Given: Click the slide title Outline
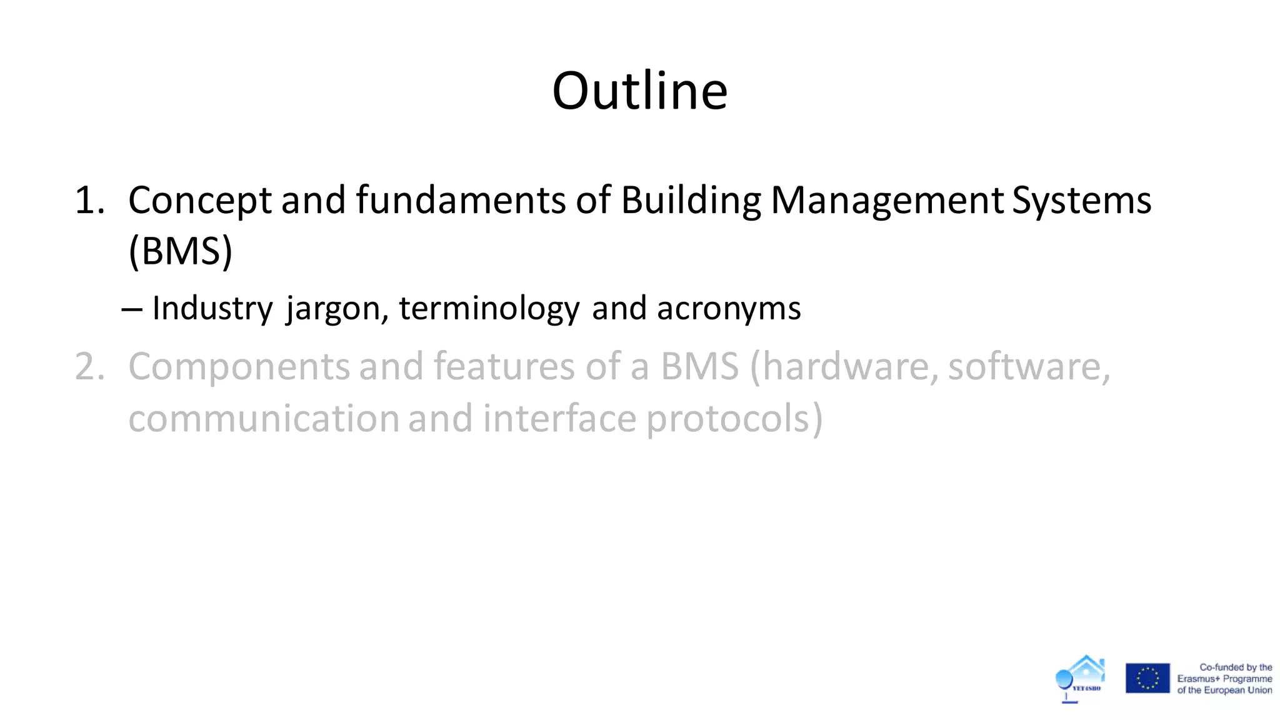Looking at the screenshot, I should click(x=639, y=91).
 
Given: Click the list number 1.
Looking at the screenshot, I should click(x=89, y=201).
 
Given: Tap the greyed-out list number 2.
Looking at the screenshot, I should click(x=89, y=367).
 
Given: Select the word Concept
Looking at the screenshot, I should click(x=200, y=201).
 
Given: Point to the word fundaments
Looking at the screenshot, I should click(x=461, y=201).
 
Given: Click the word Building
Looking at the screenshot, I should click(x=691, y=201).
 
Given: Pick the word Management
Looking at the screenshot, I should click(x=887, y=201).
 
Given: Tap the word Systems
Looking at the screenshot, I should click(x=1081, y=201).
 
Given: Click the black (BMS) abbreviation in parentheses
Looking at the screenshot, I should click(x=180, y=251).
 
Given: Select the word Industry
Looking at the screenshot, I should click(x=212, y=309).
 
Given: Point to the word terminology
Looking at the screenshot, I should click(x=489, y=309).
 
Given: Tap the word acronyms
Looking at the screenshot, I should click(x=729, y=309).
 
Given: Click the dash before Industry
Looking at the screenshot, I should click(x=132, y=309).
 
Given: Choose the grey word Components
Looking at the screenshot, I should click(x=239, y=367).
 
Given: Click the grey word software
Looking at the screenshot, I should click(x=1029, y=367).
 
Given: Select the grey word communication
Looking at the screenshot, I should click(x=264, y=419).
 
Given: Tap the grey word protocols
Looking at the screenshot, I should click(x=734, y=419).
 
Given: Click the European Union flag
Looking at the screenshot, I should click(x=1147, y=678).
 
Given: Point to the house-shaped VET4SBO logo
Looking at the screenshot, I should click(x=1081, y=678).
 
